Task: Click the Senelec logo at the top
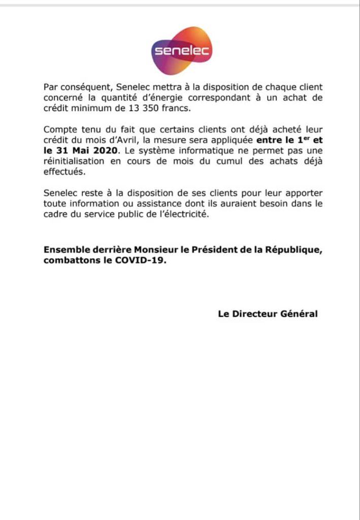point(181,51)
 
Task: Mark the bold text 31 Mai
point(72,151)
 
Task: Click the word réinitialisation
point(76,161)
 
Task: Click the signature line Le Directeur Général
point(268,314)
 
